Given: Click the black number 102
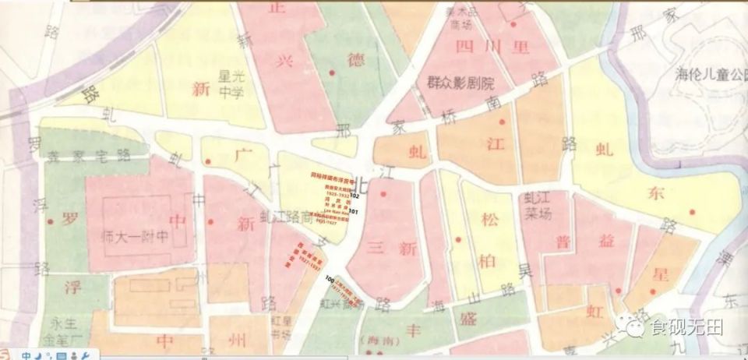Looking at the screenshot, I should (x=355, y=197).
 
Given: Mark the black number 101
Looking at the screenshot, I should (x=354, y=211).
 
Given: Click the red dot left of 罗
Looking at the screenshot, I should (x=51, y=222).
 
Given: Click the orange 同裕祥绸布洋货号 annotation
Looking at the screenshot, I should (x=333, y=178).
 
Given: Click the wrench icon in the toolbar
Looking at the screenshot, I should (x=85, y=355).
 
